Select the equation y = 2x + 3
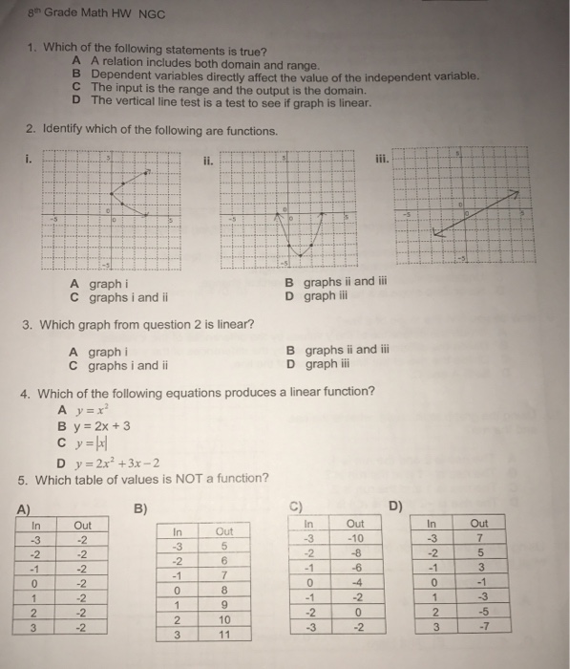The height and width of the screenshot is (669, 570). point(94,425)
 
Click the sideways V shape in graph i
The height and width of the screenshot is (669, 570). point(124,191)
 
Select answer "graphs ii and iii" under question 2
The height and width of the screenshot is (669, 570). point(335,283)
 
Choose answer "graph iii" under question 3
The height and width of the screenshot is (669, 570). point(326,364)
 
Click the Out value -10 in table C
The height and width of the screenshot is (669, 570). point(355,538)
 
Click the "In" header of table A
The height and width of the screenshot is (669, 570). point(36,524)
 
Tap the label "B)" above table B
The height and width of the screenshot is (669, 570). point(141,507)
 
